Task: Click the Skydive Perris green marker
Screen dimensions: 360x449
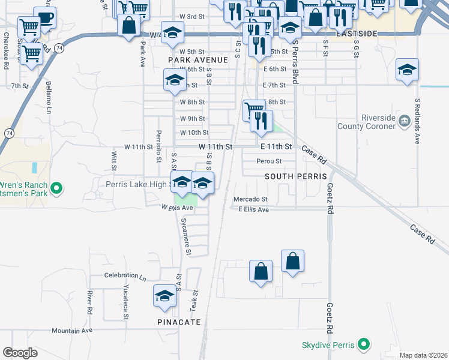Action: pos(363,345)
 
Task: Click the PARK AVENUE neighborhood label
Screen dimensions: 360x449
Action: pos(198,60)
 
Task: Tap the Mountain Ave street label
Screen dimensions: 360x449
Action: pos(72,331)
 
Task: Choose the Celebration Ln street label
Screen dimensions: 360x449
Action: pos(125,276)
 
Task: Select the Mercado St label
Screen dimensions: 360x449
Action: pos(251,199)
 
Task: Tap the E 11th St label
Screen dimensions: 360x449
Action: pos(277,146)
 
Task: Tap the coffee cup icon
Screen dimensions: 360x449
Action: pos(44,17)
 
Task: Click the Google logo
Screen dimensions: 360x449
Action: pos(20,353)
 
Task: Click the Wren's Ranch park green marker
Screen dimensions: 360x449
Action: pos(56,188)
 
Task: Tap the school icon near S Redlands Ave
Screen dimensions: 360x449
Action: pos(407,70)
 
